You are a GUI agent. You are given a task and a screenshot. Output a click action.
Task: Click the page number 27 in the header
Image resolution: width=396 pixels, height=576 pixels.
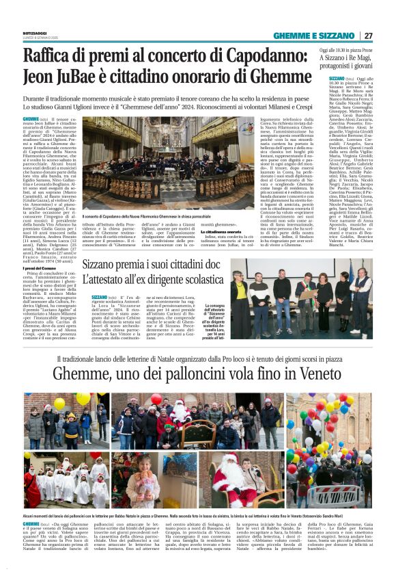coord(368,36)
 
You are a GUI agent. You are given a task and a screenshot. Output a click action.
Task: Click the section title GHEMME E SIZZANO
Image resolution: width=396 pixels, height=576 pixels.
coord(315,36)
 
